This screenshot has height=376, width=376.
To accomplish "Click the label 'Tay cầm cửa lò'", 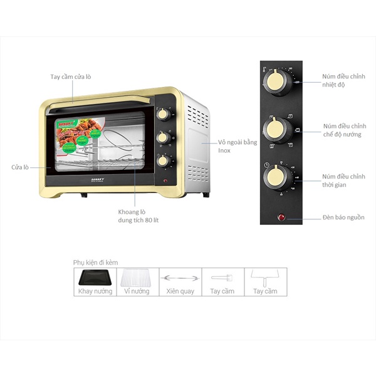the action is (x=71, y=77).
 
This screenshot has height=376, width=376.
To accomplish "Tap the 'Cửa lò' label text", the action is (x=21, y=167).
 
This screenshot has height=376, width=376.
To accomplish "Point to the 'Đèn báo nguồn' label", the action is (x=343, y=217).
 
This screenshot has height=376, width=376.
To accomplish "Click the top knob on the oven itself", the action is (x=163, y=113).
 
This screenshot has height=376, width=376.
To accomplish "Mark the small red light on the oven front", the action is (x=165, y=182).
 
